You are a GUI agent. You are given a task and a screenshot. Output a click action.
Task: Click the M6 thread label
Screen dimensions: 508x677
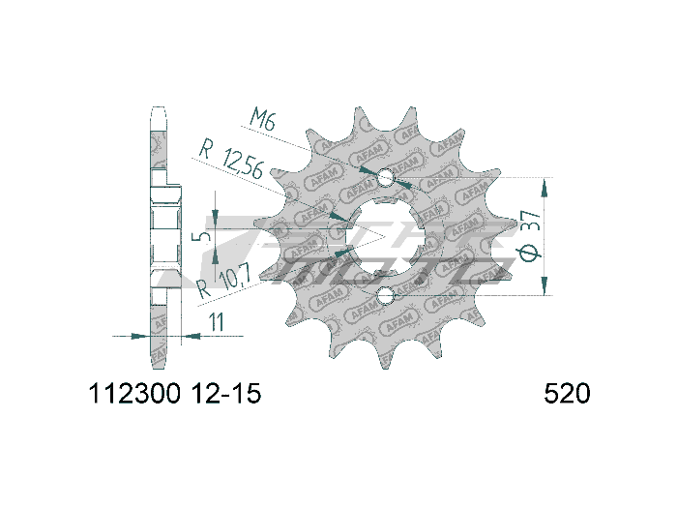pos(262,121)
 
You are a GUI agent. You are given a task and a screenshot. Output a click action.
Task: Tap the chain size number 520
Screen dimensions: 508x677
pos(567,395)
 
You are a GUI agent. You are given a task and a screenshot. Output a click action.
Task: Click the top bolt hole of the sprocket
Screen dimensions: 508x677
pos(386,178)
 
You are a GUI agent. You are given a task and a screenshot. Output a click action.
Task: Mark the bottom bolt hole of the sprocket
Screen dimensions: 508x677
pos(386,294)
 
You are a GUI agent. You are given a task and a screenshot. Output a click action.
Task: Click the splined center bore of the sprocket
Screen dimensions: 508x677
pos(386,236)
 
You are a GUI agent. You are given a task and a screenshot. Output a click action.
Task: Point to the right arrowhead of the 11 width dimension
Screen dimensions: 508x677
pos(191,337)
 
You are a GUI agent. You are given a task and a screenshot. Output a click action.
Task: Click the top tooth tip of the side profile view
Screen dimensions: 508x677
pos(161,109)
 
